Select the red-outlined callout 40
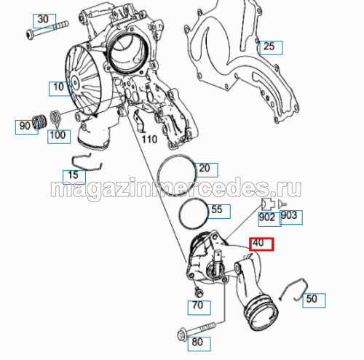coord(261,244)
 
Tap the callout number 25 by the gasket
coord(271,47)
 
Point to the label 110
coord(149,140)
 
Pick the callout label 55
coord(218,212)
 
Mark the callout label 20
coord(206,170)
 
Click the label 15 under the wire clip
coord(74,177)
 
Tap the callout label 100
coord(59,137)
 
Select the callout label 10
coord(60,89)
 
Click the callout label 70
coord(199,308)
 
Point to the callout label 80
coord(199,344)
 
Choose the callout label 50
coord(314,300)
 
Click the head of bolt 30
coord(30,34)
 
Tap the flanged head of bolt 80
coord(182,335)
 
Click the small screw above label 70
coord(199,292)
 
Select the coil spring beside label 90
coord(40,121)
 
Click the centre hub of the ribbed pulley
coord(75,83)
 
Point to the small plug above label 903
coord(282,204)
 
